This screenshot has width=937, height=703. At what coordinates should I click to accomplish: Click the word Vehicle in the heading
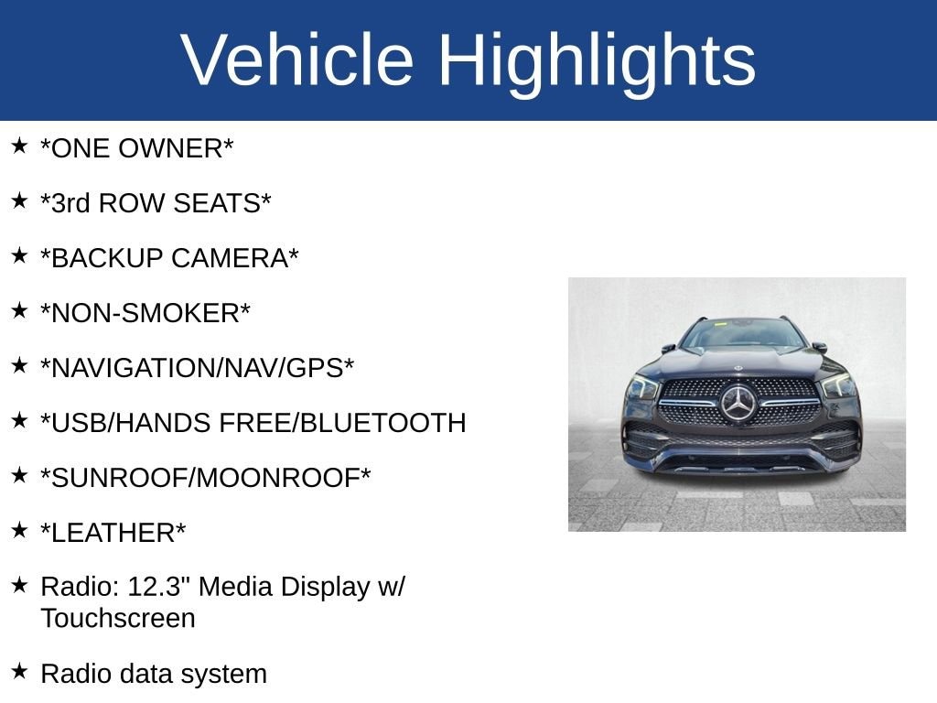coord(296,59)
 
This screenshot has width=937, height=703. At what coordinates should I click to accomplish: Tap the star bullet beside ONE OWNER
coord(19,146)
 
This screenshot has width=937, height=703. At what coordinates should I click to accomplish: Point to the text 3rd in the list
coord(70,203)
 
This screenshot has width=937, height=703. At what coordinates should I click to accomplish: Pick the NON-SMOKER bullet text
coord(145,313)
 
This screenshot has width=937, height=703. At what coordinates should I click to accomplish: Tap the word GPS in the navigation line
coord(315,368)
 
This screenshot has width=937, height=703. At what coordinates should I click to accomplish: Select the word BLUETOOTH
coord(382,423)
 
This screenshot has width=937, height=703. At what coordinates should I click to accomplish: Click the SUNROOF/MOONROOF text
coord(206,478)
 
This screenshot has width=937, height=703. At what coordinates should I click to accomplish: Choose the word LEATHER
coord(113,534)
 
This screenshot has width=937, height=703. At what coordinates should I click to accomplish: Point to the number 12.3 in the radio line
coord(154,587)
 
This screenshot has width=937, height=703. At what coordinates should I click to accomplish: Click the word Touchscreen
coord(118,619)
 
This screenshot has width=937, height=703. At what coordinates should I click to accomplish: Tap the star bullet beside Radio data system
coord(19,671)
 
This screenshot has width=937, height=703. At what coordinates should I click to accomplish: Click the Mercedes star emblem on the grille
coord(738,403)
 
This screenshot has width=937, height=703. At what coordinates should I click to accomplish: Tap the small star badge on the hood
coord(738,368)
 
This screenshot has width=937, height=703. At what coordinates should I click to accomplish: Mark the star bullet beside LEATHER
coord(19,530)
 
